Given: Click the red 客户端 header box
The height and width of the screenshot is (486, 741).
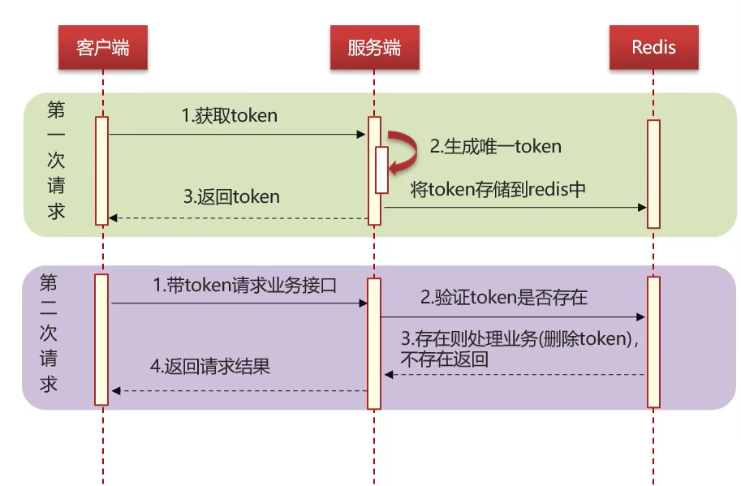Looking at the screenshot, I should pyautogui.click(x=103, y=47).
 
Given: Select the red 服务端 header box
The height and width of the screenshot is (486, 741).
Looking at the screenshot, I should pyautogui.click(x=374, y=47).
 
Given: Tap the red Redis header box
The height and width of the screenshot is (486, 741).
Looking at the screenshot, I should pyautogui.click(x=653, y=47).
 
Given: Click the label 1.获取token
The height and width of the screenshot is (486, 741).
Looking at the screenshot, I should pyautogui.click(x=229, y=116).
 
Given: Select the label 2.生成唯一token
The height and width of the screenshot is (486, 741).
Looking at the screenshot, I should pyautogui.click(x=495, y=147).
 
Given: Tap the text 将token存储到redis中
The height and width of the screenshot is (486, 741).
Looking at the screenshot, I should pyautogui.click(x=498, y=189).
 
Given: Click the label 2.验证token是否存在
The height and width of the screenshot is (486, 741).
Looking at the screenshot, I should pyautogui.click(x=503, y=297).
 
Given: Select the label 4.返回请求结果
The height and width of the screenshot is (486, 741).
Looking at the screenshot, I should pyautogui.click(x=209, y=367).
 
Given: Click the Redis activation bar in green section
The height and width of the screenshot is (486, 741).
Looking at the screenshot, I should pyautogui.click(x=653, y=174).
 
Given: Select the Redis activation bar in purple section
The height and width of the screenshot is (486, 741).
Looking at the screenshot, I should pyautogui.click(x=653, y=341).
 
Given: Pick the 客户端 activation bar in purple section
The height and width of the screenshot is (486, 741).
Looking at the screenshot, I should pyautogui.click(x=101, y=339).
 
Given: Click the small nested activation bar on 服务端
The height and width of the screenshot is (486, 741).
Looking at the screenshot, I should pyautogui.click(x=381, y=170).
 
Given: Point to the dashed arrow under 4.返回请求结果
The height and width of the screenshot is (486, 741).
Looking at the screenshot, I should pyautogui.click(x=239, y=391).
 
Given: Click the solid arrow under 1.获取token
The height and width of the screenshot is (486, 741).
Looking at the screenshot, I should pyautogui.click(x=235, y=134).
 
